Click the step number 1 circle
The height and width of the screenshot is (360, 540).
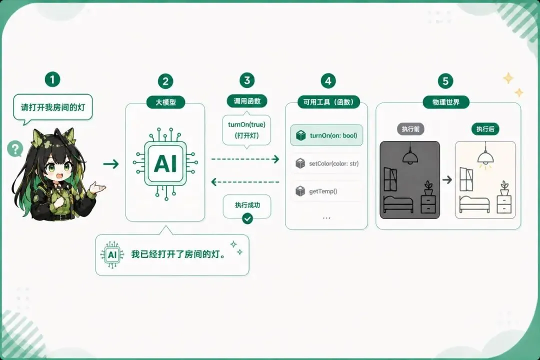point(52,79)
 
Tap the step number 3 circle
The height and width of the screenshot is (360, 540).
point(247,80)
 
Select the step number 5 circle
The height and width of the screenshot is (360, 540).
point(445,81)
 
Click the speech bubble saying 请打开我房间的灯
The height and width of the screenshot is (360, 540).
point(53,107)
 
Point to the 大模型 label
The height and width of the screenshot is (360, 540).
point(165,102)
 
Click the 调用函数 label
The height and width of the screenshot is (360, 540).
point(247,101)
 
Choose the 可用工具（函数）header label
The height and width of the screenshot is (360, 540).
point(328,102)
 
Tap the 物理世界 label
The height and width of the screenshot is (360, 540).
point(446,102)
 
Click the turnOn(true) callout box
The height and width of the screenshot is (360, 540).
point(246,130)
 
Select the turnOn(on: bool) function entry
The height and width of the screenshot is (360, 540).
point(326,135)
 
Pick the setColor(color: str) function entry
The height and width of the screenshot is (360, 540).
point(326,163)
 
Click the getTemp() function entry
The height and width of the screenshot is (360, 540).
point(326,191)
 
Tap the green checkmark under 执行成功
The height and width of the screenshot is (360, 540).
point(247,218)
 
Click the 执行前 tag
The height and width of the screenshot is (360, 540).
point(410,129)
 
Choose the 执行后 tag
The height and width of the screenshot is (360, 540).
point(485,129)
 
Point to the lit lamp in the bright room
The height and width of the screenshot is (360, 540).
point(485,158)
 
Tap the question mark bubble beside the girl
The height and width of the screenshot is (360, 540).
point(15,149)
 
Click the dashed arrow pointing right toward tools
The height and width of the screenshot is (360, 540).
point(245,159)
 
